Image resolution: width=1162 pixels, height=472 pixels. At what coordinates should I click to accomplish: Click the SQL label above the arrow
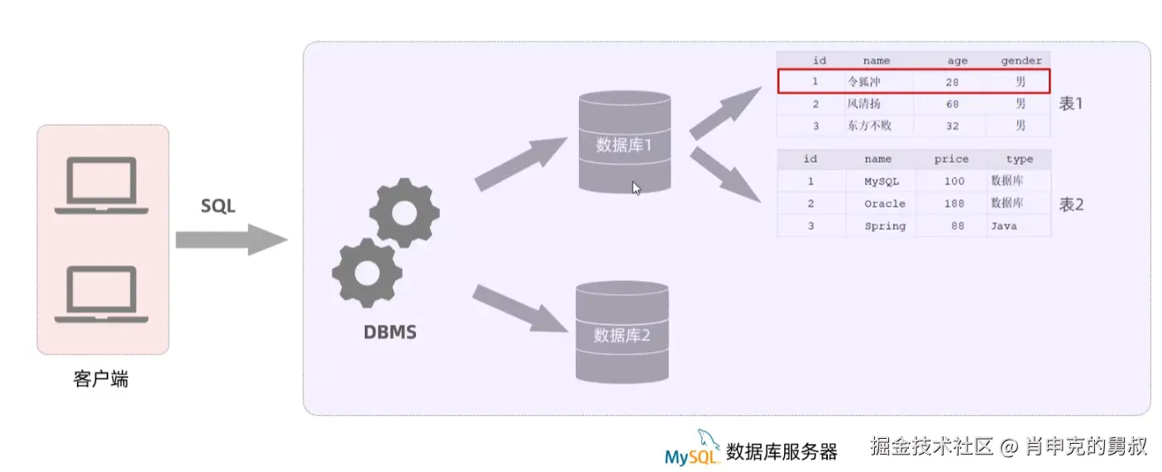[x=218, y=206]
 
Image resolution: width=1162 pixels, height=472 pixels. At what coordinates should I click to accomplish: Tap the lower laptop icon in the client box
[x=101, y=293]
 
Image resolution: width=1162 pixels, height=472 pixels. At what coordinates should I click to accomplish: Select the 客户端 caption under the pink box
[x=101, y=379]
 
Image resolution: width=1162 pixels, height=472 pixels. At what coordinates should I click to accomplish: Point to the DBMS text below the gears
[x=390, y=333]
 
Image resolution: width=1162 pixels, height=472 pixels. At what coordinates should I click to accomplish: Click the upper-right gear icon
[x=404, y=212]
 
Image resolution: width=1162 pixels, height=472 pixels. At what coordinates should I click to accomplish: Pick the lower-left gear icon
[x=366, y=272]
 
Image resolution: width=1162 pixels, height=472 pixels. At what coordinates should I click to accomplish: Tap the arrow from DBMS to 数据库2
[x=521, y=308]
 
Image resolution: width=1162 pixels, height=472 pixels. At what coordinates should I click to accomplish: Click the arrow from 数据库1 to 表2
[x=724, y=175]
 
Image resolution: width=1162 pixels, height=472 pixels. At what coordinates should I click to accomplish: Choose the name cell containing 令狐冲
[x=864, y=82]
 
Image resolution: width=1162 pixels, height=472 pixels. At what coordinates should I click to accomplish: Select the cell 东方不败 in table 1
[x=868, y=126]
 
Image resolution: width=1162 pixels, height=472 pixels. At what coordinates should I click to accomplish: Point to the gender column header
[x=1021, y=60]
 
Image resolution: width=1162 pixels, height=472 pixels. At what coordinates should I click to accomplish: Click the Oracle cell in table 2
[x=884, y=203]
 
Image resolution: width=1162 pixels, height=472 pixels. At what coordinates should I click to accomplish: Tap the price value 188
[x=954, y=203]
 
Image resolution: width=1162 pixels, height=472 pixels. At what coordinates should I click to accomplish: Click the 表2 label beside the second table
[x=1072, y=205]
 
